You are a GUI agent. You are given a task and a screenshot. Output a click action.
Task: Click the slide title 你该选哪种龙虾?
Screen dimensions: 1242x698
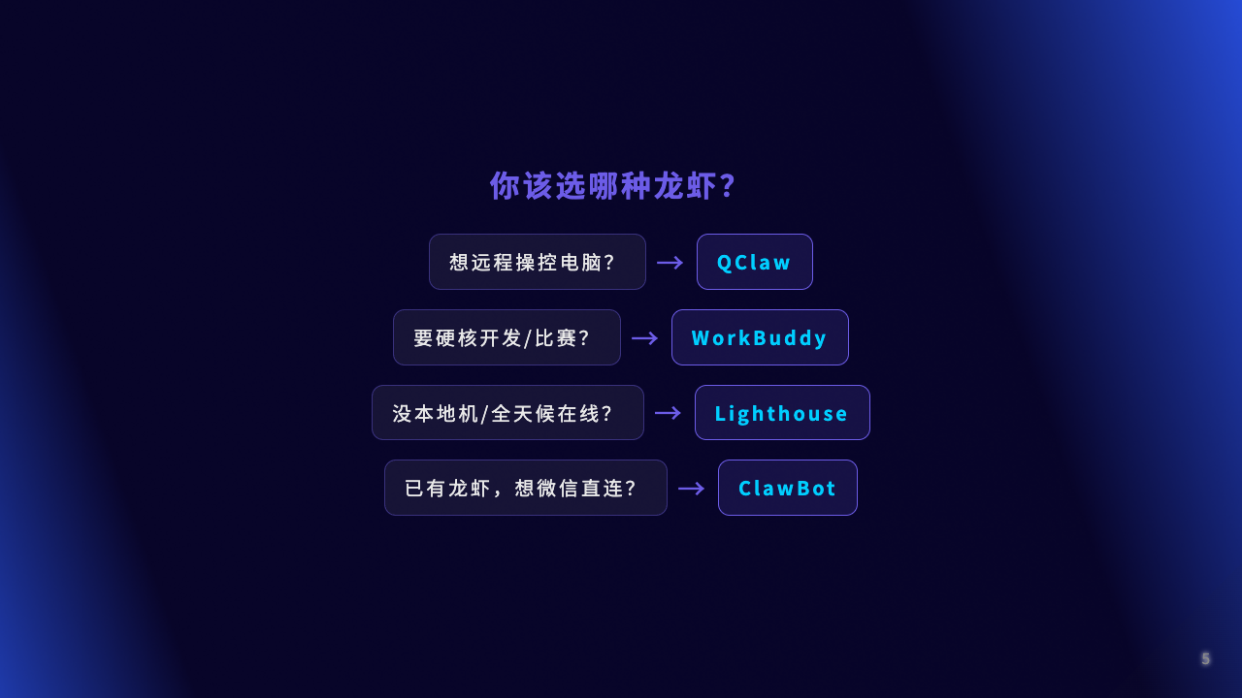(x=612, y=185)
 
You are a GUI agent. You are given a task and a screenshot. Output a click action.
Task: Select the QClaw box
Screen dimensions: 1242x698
(x=755, y=262)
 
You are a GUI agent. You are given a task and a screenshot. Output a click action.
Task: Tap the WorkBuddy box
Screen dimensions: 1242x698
(x=760, y=337)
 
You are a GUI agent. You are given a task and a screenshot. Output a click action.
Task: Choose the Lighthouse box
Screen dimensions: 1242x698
(x=782, y=413)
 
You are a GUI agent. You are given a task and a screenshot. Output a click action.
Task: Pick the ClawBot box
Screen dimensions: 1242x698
(x=787, y=488)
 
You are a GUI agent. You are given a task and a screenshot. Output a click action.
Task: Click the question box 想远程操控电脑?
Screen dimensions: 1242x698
(x=538, y=262)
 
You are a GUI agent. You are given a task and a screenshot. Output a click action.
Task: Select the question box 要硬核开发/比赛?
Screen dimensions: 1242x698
(x=507, y=337)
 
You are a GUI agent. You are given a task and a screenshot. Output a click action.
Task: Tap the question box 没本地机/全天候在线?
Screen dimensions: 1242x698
(x=507, y=413)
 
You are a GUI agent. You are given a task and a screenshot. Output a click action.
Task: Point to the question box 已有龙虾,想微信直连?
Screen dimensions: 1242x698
(x=526, y=488)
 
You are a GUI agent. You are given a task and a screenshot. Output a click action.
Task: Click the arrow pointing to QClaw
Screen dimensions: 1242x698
(x=670, y=262)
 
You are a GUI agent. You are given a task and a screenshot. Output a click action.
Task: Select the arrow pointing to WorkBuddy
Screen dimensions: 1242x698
(x=645, y=338)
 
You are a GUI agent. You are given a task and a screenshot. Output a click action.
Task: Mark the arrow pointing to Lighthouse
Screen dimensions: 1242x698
(x=669, y=413)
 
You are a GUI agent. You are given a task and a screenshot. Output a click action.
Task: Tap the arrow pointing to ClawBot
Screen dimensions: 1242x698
(x=692, y=489)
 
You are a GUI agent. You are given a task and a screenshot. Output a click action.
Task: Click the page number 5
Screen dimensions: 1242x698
(x=1206, y=658)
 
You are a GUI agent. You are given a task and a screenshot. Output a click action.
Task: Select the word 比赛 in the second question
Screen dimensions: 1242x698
(x=556, y=338)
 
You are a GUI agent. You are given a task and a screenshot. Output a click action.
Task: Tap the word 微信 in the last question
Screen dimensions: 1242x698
(x=546, y=488)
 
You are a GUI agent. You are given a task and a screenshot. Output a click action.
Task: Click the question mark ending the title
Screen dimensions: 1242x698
(x=729, y=185)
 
